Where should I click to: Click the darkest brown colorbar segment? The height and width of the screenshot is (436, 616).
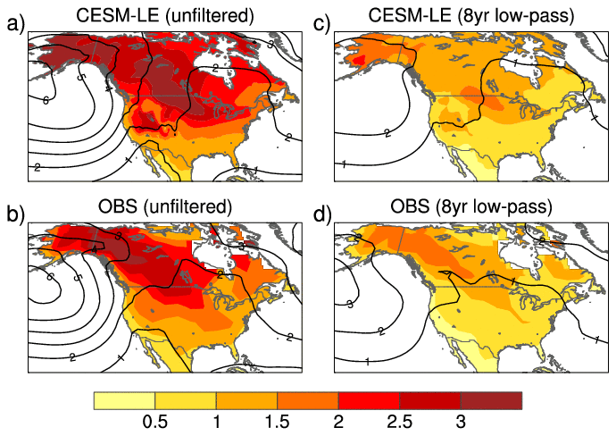pos(490,399)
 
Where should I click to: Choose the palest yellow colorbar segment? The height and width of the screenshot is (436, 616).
pos(125,399)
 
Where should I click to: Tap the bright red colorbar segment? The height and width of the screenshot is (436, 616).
pos(368,399)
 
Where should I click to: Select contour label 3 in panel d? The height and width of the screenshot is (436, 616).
pos(350,306)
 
